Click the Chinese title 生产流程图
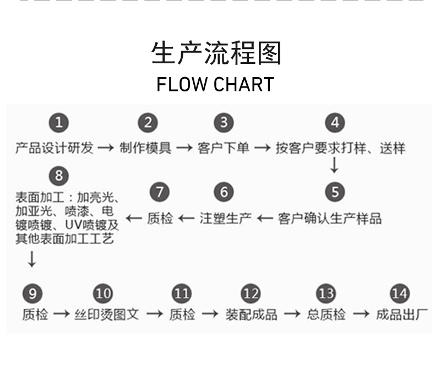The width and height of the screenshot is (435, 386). pyautogui.click(x=216, y=54)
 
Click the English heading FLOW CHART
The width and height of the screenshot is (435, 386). pyautogui.click(x=215, y=85)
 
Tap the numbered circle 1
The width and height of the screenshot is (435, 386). pyautogui.click(x=59, y=123)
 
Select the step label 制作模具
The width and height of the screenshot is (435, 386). pyautogui.click(x=145, y=148)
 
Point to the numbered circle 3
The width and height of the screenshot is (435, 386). pyautogui.click(x=223, y=123)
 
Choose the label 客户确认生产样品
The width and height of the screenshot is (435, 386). pyautogui.click(x=330, y=219)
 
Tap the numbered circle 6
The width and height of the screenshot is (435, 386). pyautogui.click(x=224, y=192)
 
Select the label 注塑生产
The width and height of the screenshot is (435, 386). pyautogui.click(x=226, y=219)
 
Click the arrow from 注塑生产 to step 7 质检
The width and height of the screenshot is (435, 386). pyautogui.click(x=186, y=219)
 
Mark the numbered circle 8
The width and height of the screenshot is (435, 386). pyautogui.click(x=59, y=176)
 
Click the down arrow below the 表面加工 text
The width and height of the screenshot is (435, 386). pyautogui.click(x=32, y=258)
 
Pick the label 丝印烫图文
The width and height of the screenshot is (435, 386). pyautogui.click(x=107, y=314)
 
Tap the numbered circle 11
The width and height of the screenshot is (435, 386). pyautogui.click(x=181, y=293)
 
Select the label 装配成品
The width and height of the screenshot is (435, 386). pyautogui.click(x=251, y=314)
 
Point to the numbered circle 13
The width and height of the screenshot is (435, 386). pyautogui.click(x=326, y=293)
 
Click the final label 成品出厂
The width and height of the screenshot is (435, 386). pyautogui.click(x=402, y=314)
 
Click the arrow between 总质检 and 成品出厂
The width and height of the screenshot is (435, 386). pyautogui.click(x=361, y=314)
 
